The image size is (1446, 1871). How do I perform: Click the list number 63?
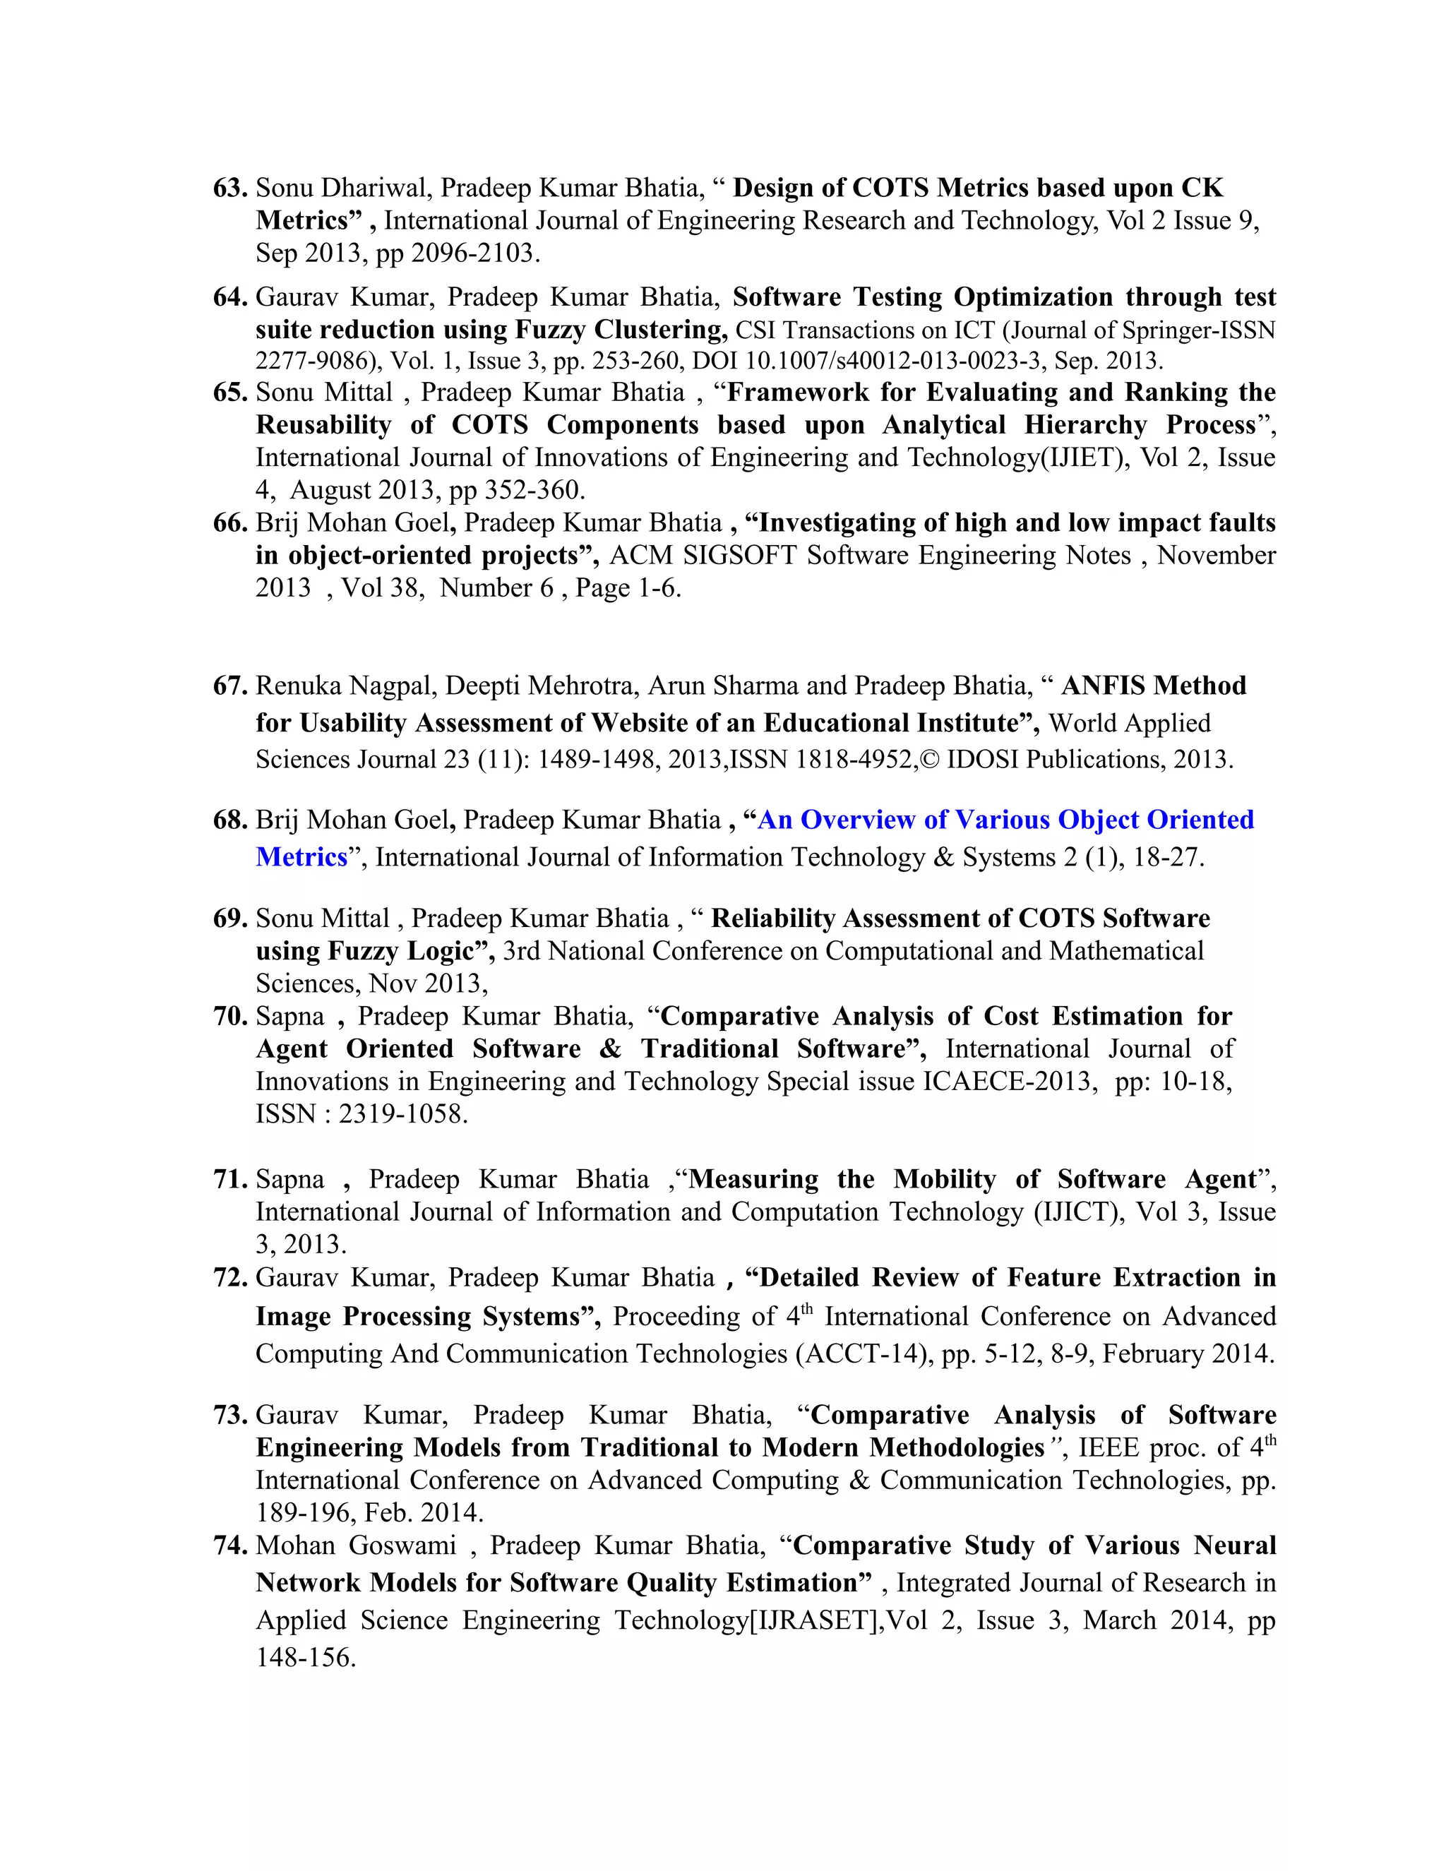click(229, 188)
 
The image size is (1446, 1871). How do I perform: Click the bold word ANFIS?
click(1104, 686)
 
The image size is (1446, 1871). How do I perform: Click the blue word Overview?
click(857, 820)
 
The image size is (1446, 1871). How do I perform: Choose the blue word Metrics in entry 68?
click(301, 858)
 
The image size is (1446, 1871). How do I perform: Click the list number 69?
click(229, 919)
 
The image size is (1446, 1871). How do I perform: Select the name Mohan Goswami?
click(356, 1546)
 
